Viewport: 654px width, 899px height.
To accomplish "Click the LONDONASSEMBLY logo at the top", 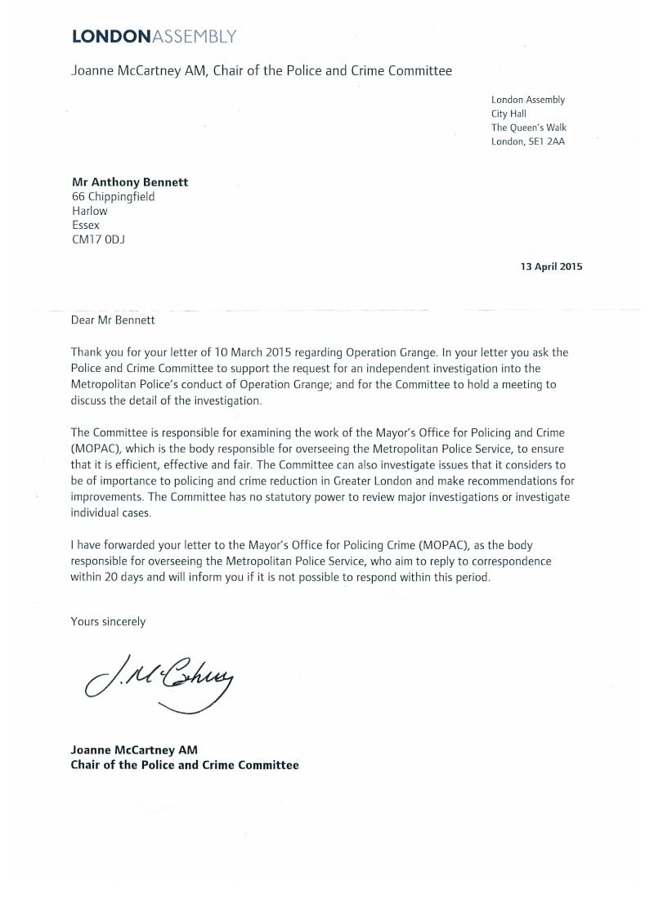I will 155,36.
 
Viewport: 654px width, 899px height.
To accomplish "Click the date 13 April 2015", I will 552,266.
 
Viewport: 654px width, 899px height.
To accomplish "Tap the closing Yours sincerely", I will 109,621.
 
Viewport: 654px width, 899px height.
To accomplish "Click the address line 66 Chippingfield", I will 114,197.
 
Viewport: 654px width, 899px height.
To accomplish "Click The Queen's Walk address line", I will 528,127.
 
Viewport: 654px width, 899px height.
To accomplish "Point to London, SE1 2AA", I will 528,141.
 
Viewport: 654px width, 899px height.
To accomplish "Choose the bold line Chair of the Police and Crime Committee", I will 185,765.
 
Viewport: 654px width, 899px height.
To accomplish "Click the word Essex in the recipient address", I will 86,225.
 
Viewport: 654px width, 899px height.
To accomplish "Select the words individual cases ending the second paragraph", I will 114,512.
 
